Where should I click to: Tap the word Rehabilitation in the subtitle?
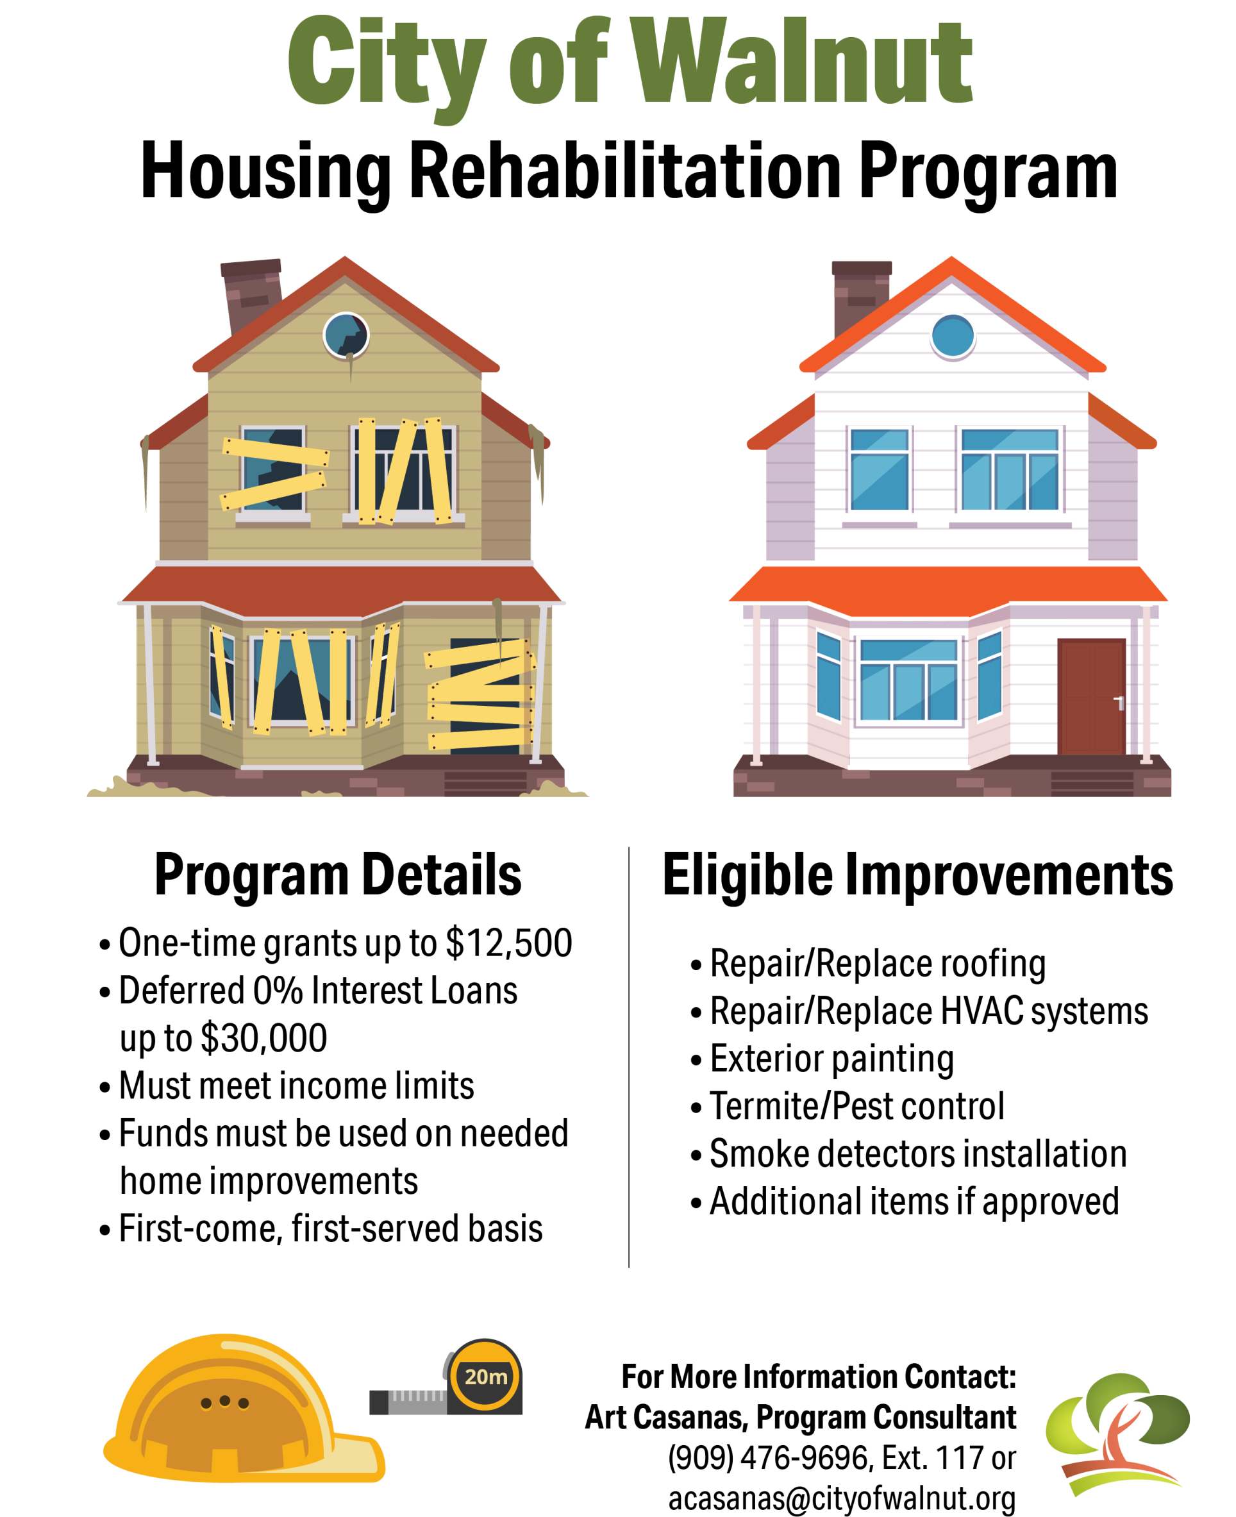click(626, 171)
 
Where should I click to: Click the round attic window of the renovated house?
click(953, 335)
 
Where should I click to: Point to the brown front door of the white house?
click(1090, 696)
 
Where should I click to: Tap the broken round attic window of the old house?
click(346, 335)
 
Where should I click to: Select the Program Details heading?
click(338, 875)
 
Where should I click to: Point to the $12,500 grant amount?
click(509, 943)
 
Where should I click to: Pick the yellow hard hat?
click(244, 1407)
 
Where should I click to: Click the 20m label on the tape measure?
click(485, 1377)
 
